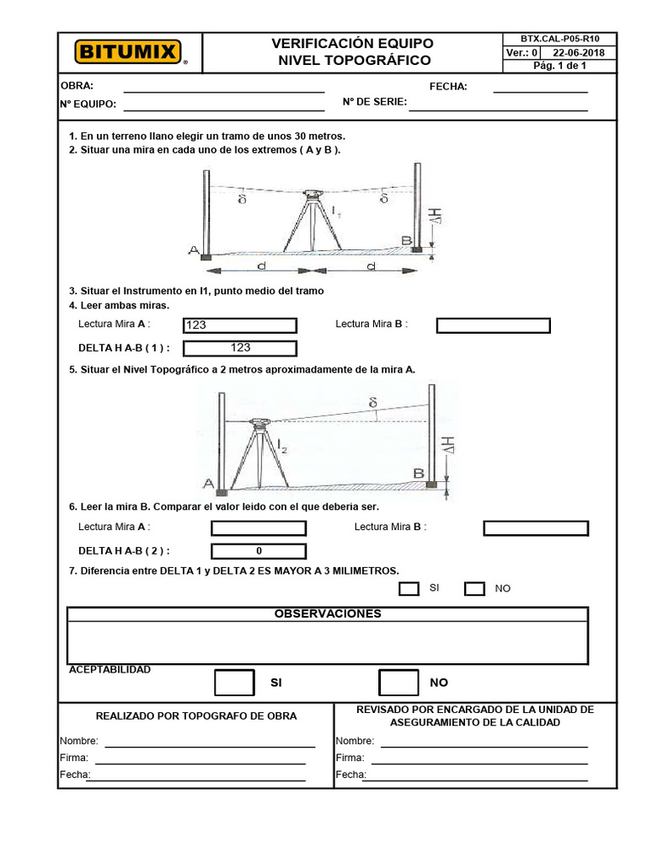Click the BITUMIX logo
pos(129,52)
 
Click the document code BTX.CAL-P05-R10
pos(559,39)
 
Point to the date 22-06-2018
pos(584,52)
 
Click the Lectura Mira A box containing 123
pos(240,325)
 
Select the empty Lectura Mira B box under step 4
pos(493,325)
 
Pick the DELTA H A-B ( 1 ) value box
pos(240,348)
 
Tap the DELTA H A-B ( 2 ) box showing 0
pos(259,551)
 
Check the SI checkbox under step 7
pos(409,588)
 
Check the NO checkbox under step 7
pos(474,588)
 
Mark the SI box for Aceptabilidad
pos(233,682)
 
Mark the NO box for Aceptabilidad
pos(398,682)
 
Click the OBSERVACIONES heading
pos(328,614)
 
